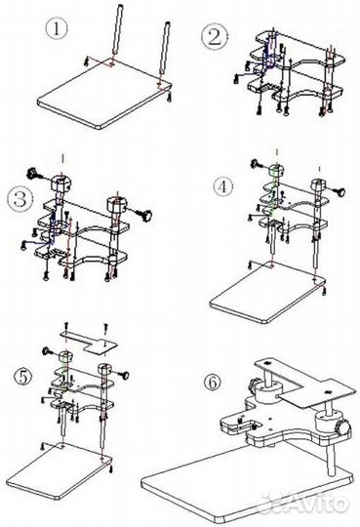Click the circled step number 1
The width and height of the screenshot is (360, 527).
coord(57,29)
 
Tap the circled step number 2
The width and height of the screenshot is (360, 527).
coord(215,37)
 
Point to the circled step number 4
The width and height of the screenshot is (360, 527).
coord(223,186)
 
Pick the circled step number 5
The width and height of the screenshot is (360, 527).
coord(23,377)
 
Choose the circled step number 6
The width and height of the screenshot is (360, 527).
coord(214,383)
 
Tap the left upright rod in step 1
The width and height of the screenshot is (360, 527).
coord(117,33)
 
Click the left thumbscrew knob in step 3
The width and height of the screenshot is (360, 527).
coord(33,175)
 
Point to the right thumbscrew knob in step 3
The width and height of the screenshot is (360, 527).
coord(144,215)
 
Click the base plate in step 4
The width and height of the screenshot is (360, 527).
coord(268,293)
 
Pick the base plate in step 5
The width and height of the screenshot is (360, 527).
coord(59,470)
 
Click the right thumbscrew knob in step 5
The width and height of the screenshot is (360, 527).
coord(123,375)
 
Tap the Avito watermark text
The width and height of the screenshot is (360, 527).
coord(304,503)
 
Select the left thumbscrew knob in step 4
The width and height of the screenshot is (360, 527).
coord(258,164)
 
